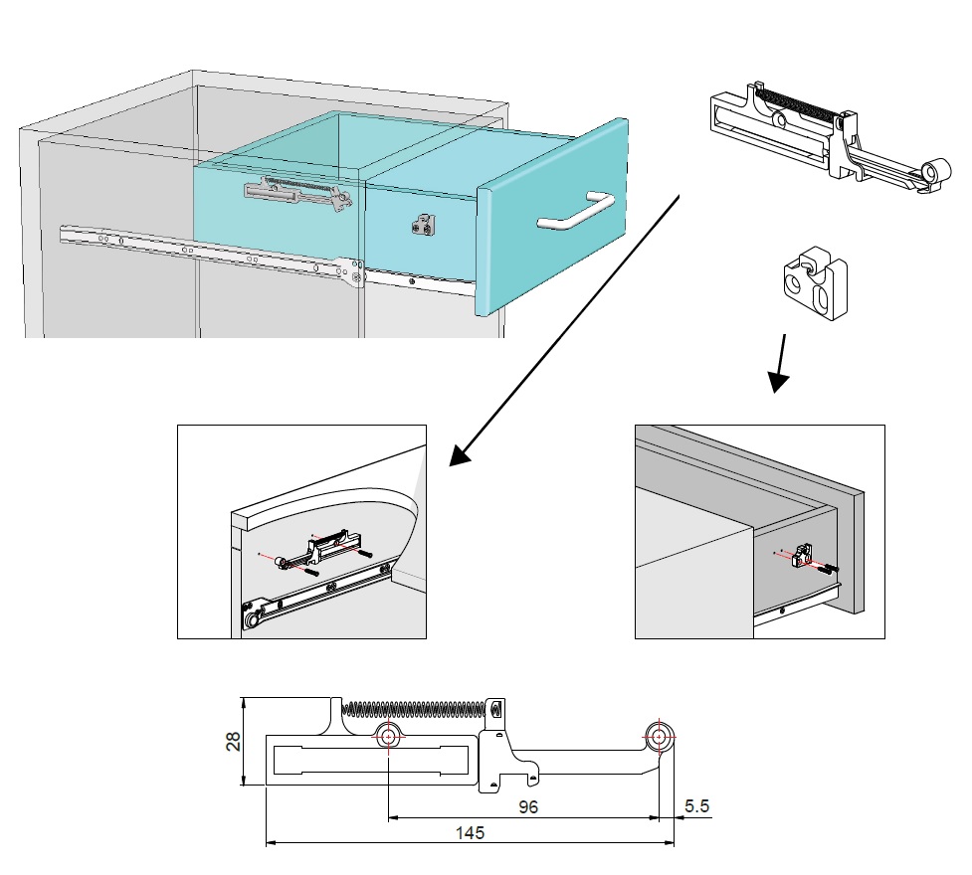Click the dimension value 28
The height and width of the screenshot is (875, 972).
(x=233, y=742)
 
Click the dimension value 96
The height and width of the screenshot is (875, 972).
(x=528, y=806)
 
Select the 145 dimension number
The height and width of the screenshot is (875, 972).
(x=470, y=833)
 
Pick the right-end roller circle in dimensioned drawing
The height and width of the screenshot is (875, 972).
(x=659, y=737)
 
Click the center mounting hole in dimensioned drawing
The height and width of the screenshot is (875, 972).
(x=388, y=736)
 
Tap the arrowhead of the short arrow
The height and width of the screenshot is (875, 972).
(x=778, y=381)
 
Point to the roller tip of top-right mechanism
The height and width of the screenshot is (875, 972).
(x=933, y=171)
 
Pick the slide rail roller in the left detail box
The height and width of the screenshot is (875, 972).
(x=251, y=617)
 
